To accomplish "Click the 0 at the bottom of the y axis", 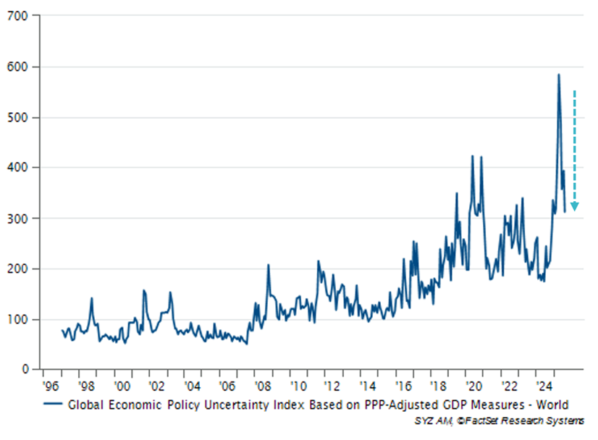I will [x=26, y=370].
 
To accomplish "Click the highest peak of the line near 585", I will [x=558, y=75].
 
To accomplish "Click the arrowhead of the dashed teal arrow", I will [x=574, y=208].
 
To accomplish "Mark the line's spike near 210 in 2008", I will [x=268, y=265].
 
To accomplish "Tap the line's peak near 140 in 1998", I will [x=92, y=298].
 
